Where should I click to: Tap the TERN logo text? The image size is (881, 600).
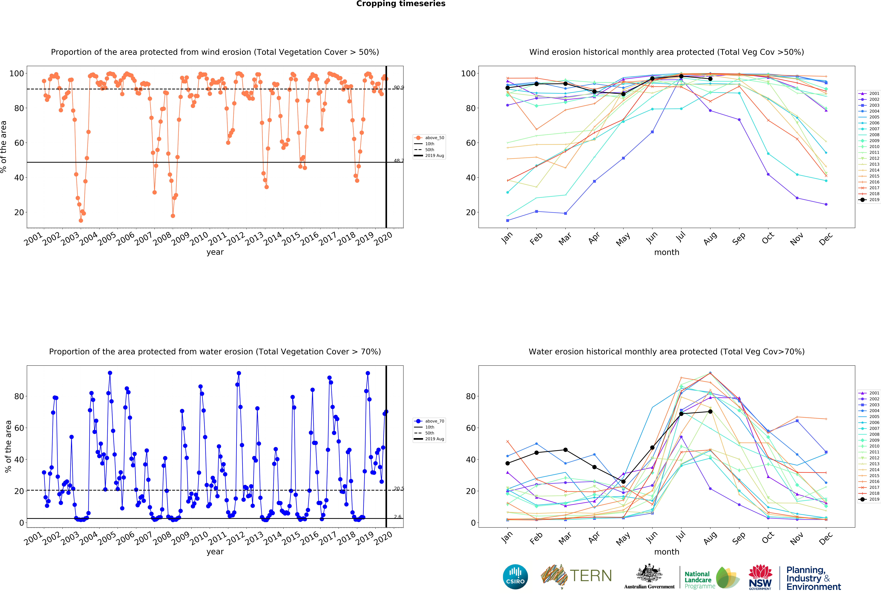coord(591,576)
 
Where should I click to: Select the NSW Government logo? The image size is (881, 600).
coord(760,577)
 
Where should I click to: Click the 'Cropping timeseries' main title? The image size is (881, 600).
coord(401,4)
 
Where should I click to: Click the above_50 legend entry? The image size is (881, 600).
coord(430,138)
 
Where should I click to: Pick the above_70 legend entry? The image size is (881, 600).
coord(430,421)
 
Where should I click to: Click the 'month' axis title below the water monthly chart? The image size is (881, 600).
coord(666,552)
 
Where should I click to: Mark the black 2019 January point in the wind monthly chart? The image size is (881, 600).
coord(508,88)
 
